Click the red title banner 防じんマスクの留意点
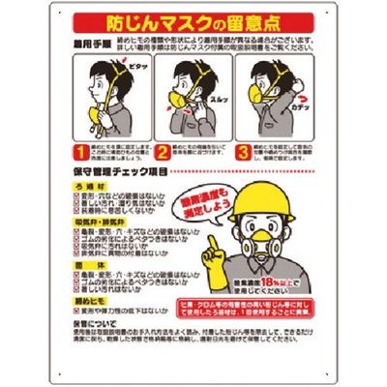coord(193,21)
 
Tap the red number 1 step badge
coord(83,152)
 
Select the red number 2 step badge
coord(163,152)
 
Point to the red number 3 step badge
coord(243,152)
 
